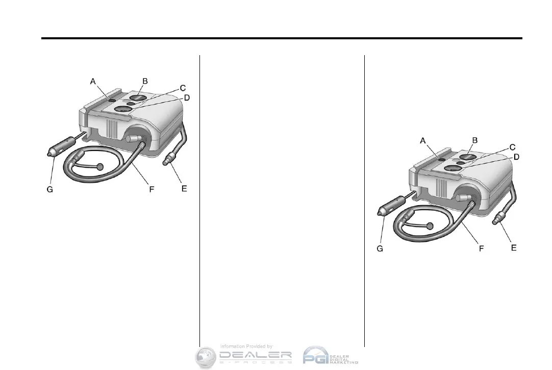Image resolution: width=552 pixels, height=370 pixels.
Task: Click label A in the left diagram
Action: tap(93, 81)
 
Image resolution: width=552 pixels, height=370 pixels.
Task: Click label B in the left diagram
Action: tap(145, 81)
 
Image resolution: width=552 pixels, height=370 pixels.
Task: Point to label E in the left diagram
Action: tap(184, 189)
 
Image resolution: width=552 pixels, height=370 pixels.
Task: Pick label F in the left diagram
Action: tap(152, 189)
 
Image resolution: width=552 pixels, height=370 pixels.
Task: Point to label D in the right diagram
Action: tap(516, 157)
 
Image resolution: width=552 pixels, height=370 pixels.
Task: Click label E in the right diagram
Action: tap(514, 248)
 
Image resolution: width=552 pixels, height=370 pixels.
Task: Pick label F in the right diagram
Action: tap(481, 249)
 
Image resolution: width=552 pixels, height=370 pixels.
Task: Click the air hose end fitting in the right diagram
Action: tap(497, 221)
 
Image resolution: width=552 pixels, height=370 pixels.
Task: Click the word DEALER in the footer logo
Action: tap(255, 355)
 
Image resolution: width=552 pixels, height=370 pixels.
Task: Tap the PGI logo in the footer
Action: tap(317, 355)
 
